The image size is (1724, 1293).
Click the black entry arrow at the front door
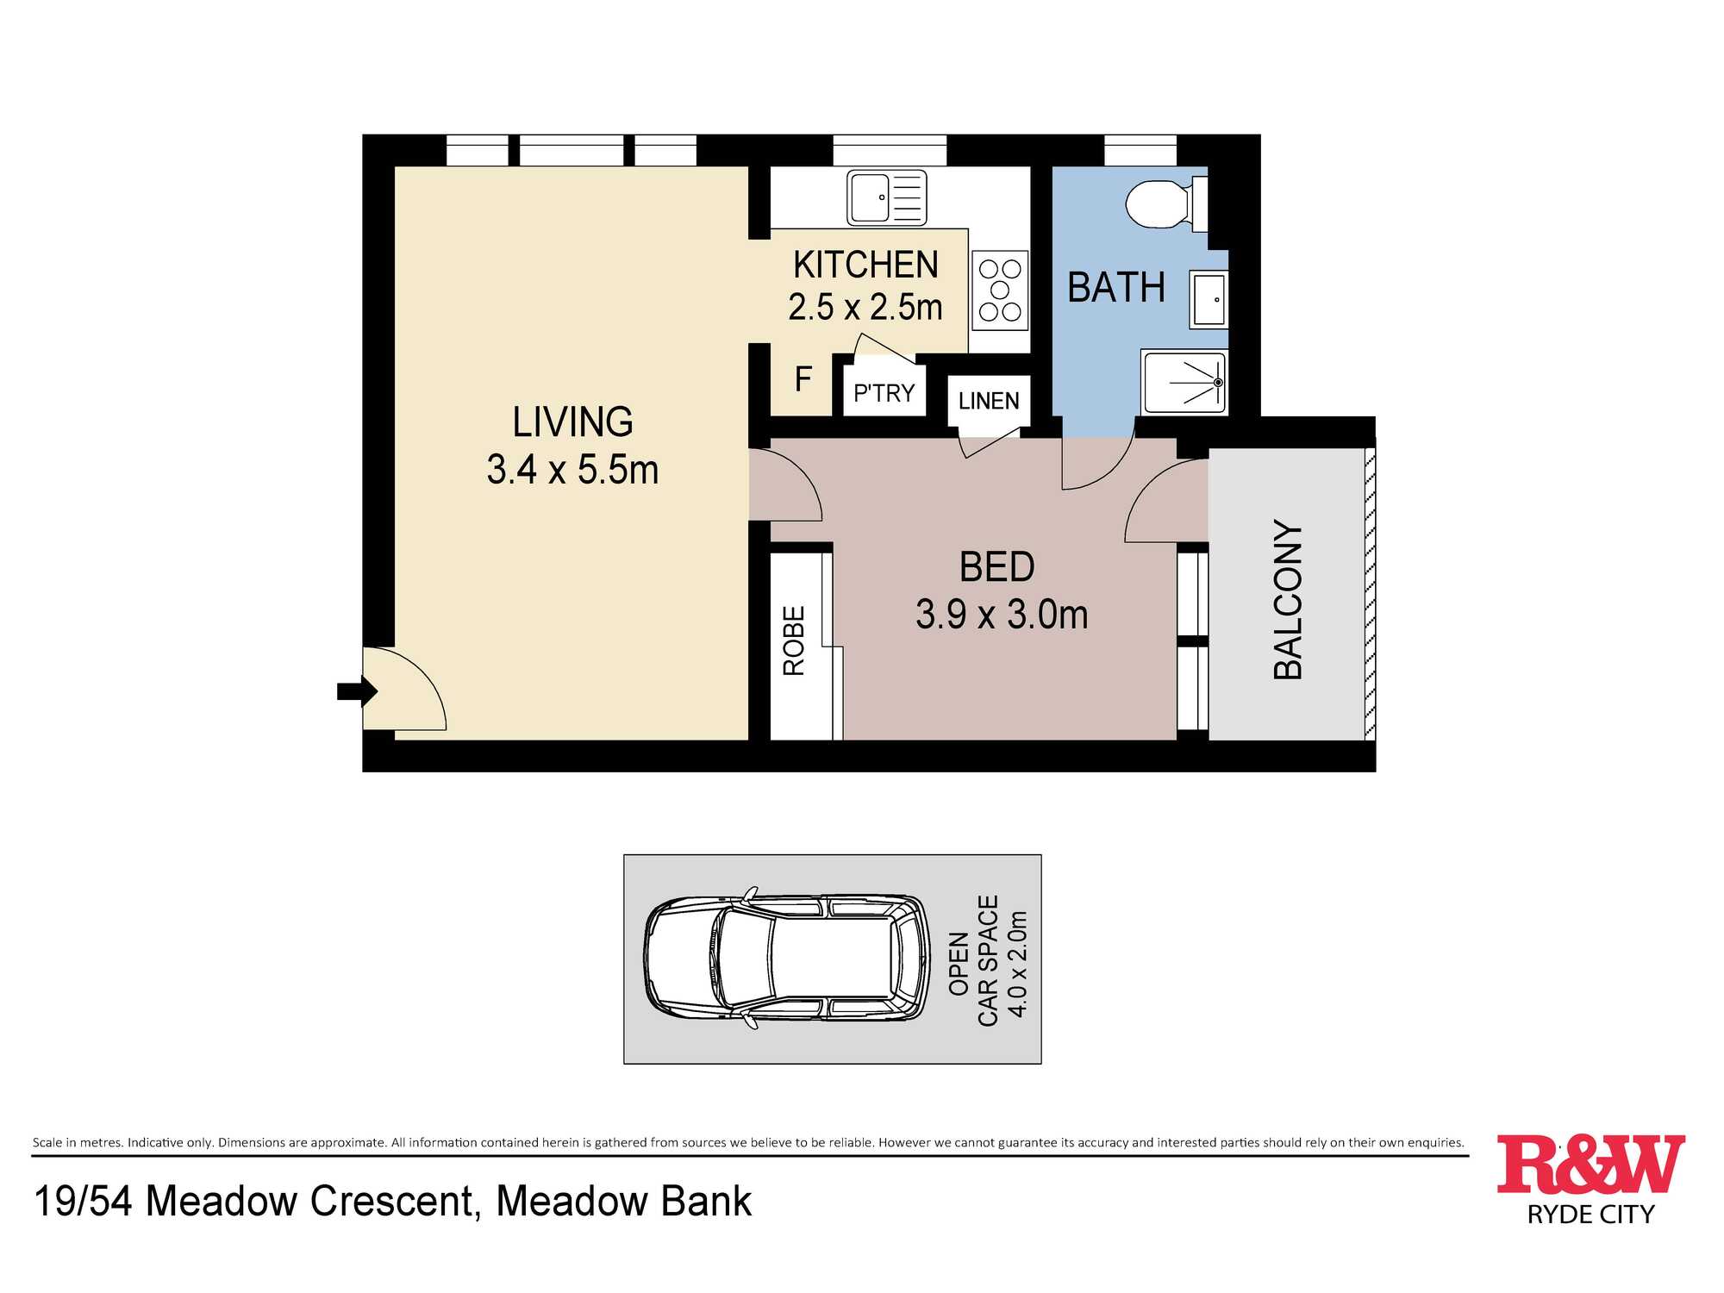[x=357, y=691]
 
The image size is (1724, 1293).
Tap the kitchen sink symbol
[x=887, y=197]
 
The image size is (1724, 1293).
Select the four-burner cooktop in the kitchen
[x=1000, y=290]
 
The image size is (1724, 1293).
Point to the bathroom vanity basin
[x=1209, y=299]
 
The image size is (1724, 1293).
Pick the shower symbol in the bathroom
[x=1184, y=382]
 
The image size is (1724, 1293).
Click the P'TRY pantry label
[x=884, y=393]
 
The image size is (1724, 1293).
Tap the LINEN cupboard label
[x=989, y=401]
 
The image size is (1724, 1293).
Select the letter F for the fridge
[x=803, y=379]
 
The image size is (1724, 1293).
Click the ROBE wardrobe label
[x=794, y=640]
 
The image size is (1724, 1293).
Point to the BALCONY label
[x=1288, y=600]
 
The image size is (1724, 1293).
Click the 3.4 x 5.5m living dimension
[x=572, y=470]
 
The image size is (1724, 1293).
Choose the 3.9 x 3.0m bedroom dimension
[x=1002, y=615]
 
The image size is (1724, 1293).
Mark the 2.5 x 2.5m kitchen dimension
[x=865, y=307]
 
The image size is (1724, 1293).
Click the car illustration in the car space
[x=787, y=958]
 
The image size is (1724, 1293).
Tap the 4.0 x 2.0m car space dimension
[x=1017, y=964]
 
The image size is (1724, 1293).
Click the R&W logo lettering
[x=1590, y=1165]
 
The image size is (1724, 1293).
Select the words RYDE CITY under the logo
[x=1591, y=1215]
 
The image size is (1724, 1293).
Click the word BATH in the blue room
[x=1116, y=287]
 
